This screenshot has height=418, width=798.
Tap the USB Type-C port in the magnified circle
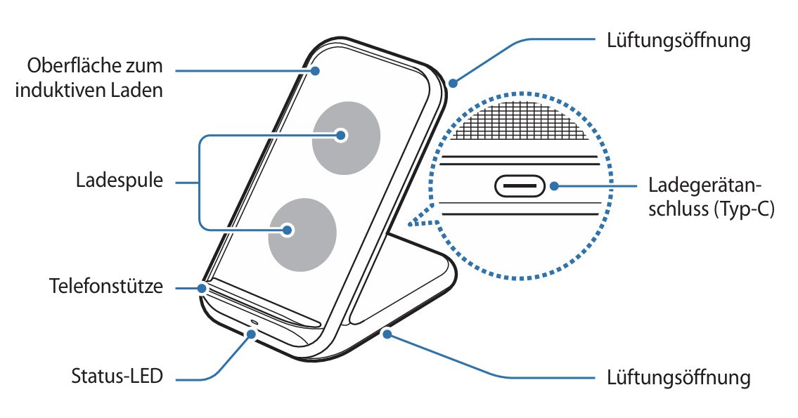pyautogui.click(x=520, y=186)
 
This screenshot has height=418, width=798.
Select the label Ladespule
pyautogui.click(x=120, y=181)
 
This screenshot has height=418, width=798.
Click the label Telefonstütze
pyautogui.click(x=106, y=287)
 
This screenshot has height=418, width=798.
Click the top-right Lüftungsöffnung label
pyautogui.click(x=678, y=40)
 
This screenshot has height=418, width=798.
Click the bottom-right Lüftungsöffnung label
pyautogui.click(x=678, y=377)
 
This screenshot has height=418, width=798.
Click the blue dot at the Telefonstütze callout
pyautogui.click(x=203, y=287)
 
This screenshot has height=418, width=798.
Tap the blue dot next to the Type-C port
pyautogui.click(x=555, y=186)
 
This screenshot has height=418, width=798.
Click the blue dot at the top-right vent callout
pyautogui.click(x=453, y=84)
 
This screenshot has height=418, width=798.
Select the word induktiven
pyautogui.click(x=61, y=90)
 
